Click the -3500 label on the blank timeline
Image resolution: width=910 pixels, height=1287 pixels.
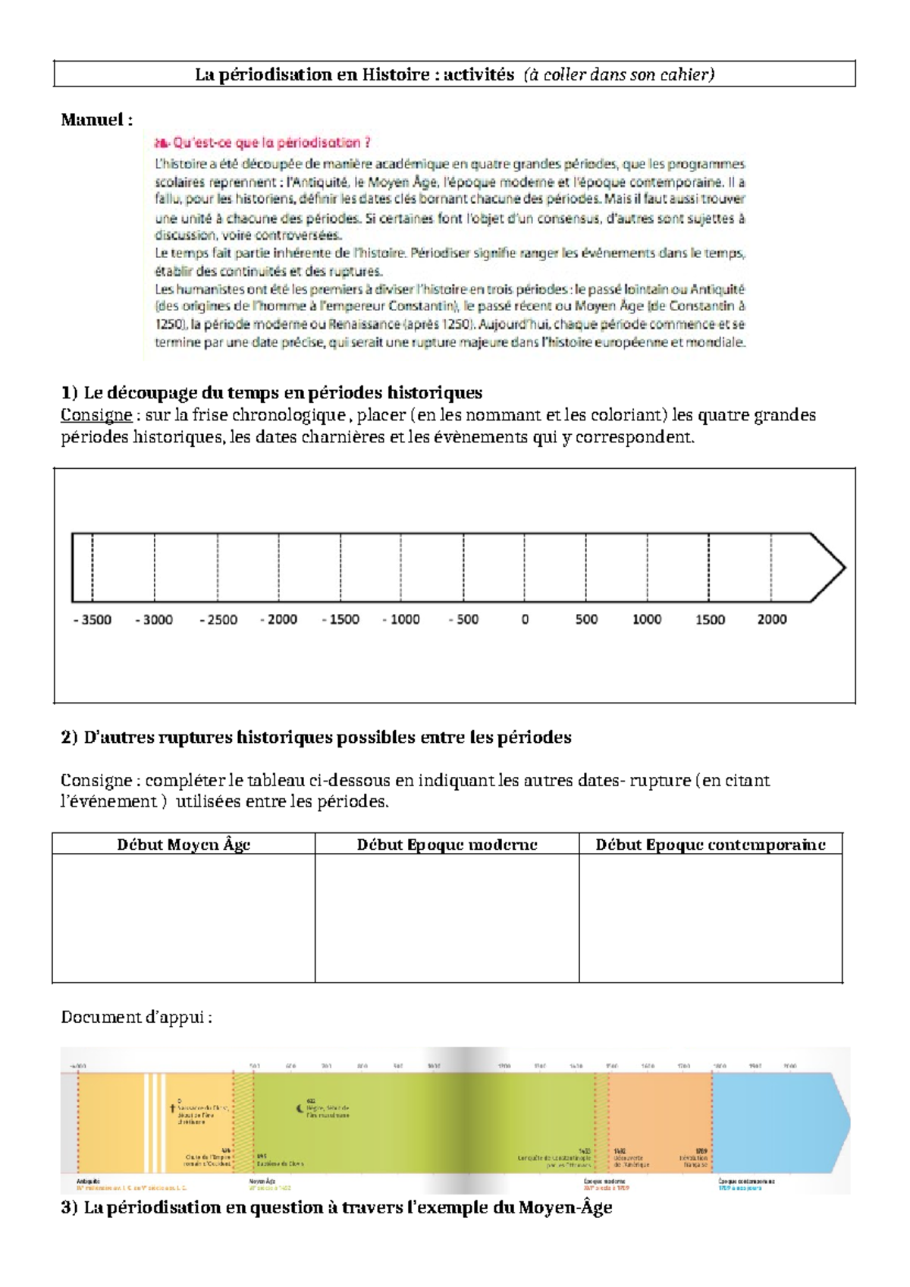coord(93,619)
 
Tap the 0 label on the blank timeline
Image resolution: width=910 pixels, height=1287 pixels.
coord(525,619)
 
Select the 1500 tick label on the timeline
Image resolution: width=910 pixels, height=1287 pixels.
coord(710,619)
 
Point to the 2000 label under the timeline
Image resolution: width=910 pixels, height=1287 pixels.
coord(772,619)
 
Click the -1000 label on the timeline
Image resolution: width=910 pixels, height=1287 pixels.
coord(401,619)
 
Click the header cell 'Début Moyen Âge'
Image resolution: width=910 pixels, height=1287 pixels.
coord(184,844)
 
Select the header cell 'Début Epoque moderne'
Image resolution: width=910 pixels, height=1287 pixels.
coord(447,844)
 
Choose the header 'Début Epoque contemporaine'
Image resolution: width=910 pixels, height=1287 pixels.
coord(710,844)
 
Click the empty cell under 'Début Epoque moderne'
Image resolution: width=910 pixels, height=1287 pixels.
coord(447,917)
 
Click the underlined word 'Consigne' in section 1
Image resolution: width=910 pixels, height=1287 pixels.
coord(96,415)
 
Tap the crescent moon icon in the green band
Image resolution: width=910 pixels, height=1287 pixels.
coord(299,1109)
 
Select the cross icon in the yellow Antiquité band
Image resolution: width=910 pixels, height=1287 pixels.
coord(173,1109)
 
